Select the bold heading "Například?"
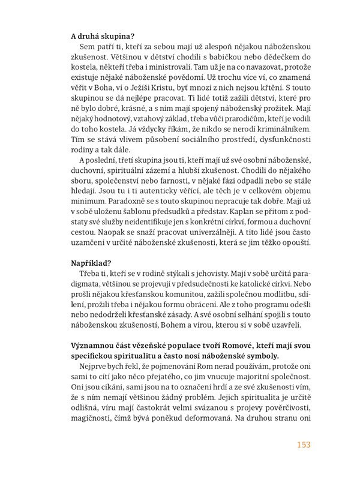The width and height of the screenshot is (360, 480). click(x=90, y=262)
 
